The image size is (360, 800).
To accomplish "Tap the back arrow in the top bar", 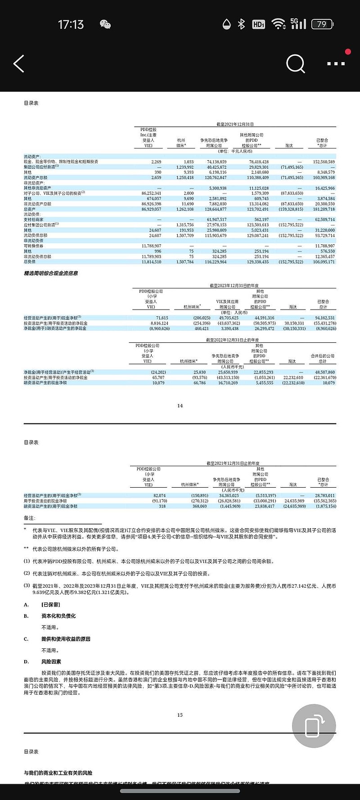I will pyautogui.click(x=19, y=64).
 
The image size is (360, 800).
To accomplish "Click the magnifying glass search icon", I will pyautogui.click(x=296, y=64).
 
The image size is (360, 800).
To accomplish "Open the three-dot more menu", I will pyautogui.click(x=336, y=64).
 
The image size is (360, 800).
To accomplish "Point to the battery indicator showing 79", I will pyautogui.click(x=322, y=24).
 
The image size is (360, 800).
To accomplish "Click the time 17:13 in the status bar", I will pyautogui.click(x=71, y=24).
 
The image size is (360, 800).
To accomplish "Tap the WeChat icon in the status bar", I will pyautogui.click(x=105, y=24).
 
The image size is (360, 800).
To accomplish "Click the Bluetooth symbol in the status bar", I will pyautogui.click(x=242, y=24).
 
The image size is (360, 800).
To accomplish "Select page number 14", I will pyautogui.click(x=180, y=406).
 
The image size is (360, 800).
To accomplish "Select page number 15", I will pyautogui.click(x=180, y=715).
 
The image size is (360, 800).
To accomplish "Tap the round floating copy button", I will pyautogui.click(x=314, y=726).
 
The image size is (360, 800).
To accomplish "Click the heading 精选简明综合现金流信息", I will pyautogui.click(x=51, y=273).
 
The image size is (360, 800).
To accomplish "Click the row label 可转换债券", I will pyautogui.click(x=34, y=246).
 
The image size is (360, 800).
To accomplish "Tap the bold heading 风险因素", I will pyautogui.click(x=51, y=662).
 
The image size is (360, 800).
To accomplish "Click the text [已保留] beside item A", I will pyautogui.click(x=50, y=605).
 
